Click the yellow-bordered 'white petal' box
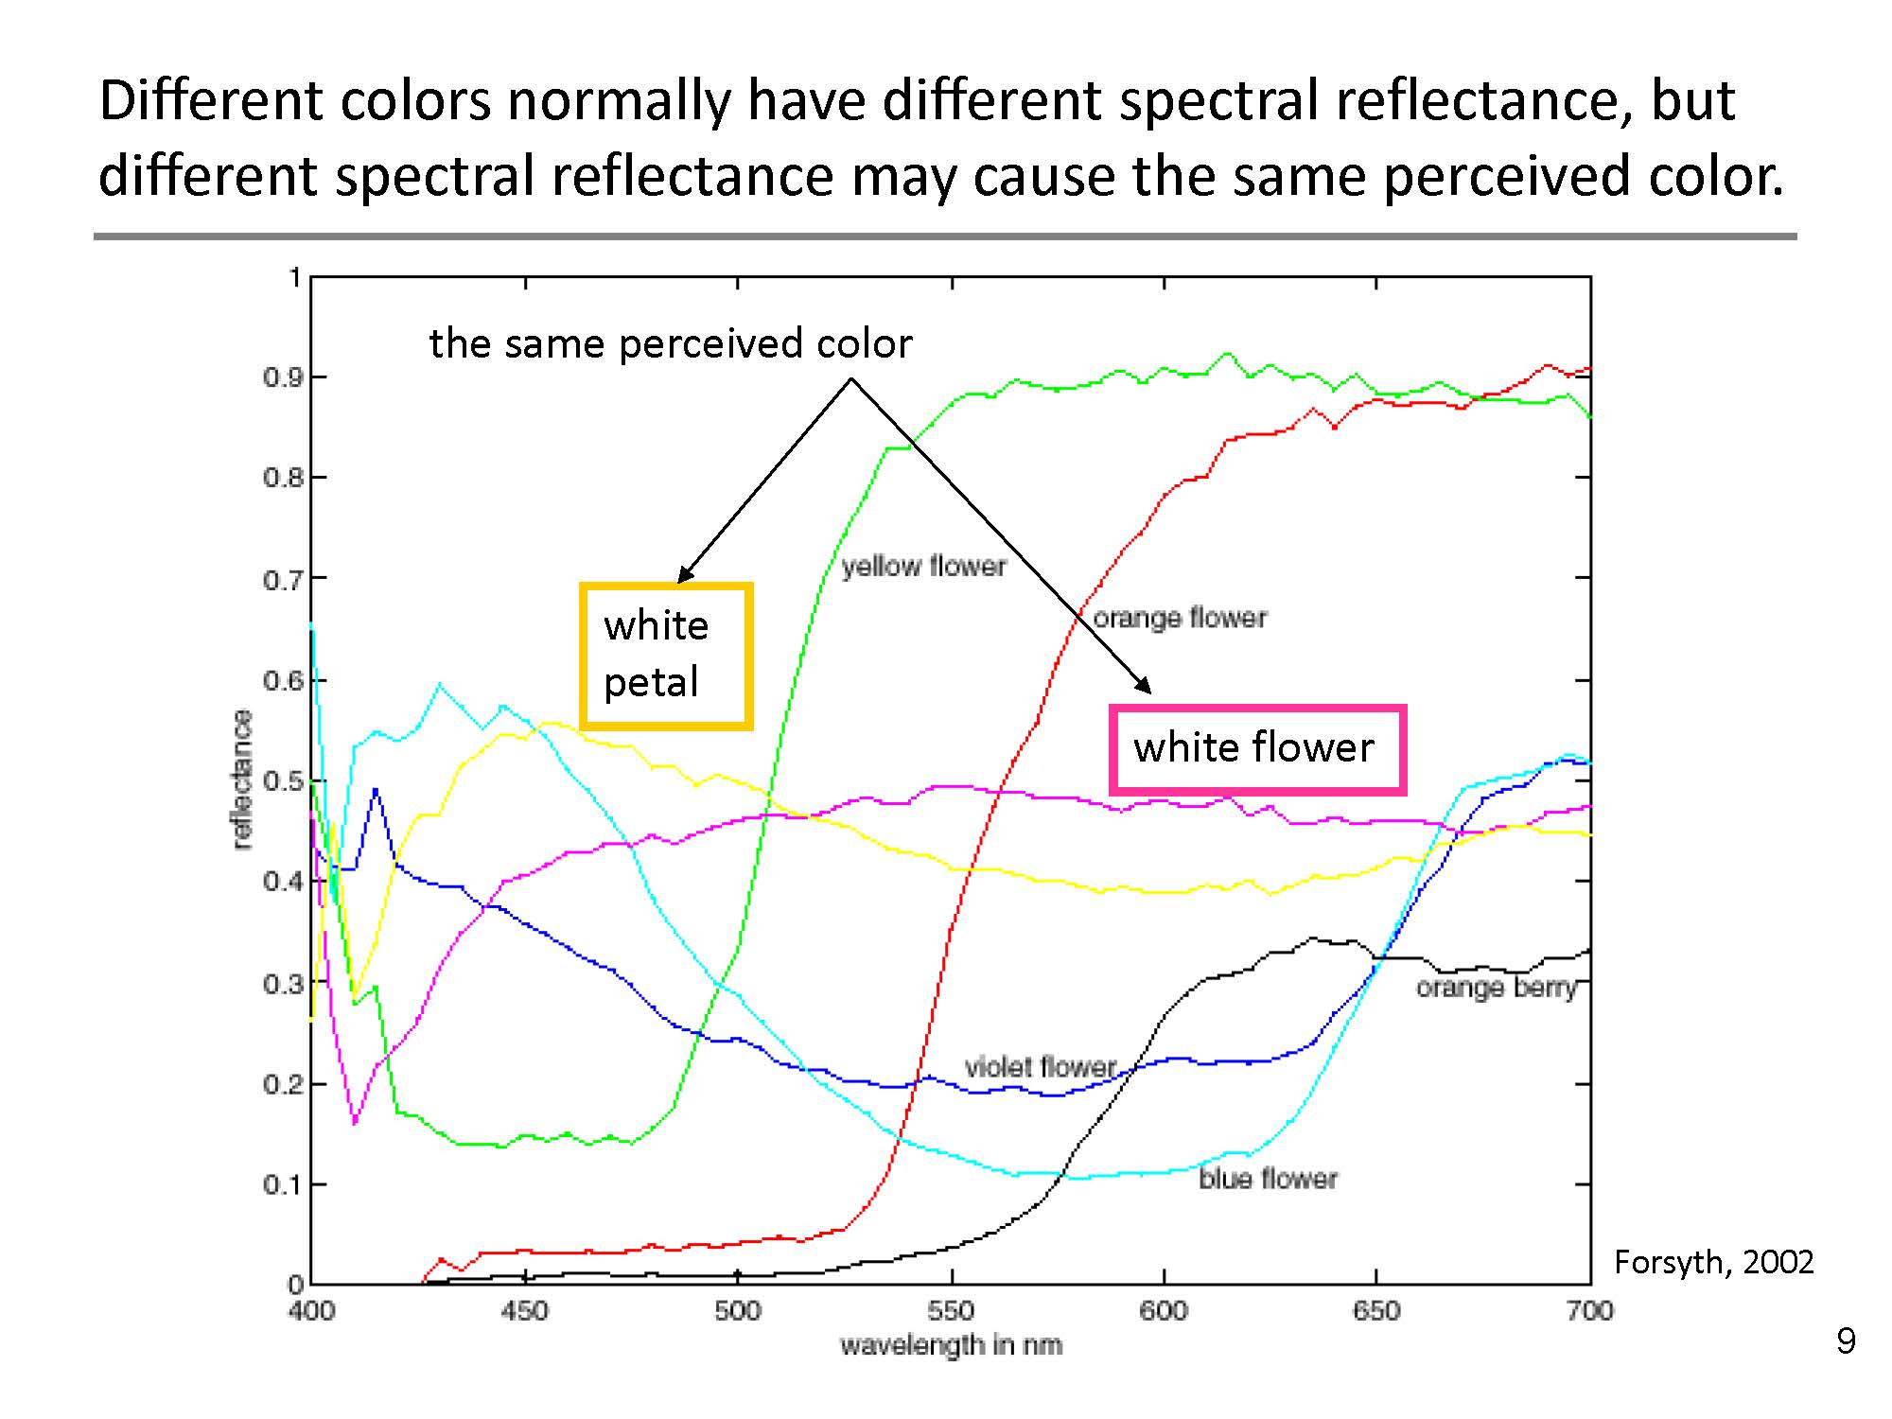[666, 656]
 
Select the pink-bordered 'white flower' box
[1257, 748]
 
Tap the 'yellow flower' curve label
[923, 567]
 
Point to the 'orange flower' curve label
[1180, 618]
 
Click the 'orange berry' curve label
[1496, 988]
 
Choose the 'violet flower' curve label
[1041, 1067]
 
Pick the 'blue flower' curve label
[1268, 1179]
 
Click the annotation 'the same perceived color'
[670, 343]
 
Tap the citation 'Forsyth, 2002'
[1713, 1262]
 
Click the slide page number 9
[1846, 1341]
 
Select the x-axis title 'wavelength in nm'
[951, 1344]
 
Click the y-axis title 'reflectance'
[243, 780]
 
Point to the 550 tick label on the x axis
[951, 1310]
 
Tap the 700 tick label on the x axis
[1589, 1310]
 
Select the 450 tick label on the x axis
[524, 1310]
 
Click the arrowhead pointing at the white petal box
[685, 574]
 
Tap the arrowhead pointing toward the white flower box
[1145, 686]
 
